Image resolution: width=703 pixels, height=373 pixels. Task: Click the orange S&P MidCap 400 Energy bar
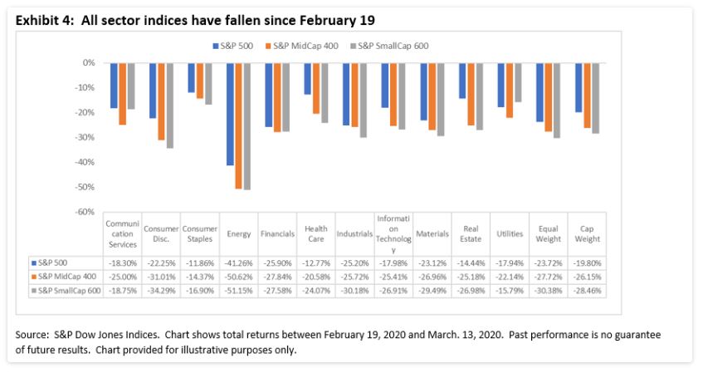click(x=239, y=125)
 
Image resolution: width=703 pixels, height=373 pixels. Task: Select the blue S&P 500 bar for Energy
click(x=230, y=114)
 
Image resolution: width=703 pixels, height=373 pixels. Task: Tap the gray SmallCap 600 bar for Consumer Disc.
click(x=170, y=106)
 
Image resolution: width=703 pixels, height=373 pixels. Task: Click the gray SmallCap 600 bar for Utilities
click(x=519, y=82)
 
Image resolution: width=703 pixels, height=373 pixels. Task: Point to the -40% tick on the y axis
click(x=85, y=162)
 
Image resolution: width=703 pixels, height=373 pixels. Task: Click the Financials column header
click(x=276, y=234)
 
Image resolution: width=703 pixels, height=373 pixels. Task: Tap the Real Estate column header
click(x=471, y=234)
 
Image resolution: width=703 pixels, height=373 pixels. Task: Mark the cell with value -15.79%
click(x=510, y=291)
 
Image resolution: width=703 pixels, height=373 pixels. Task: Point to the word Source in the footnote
click(x=32, y=334)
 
